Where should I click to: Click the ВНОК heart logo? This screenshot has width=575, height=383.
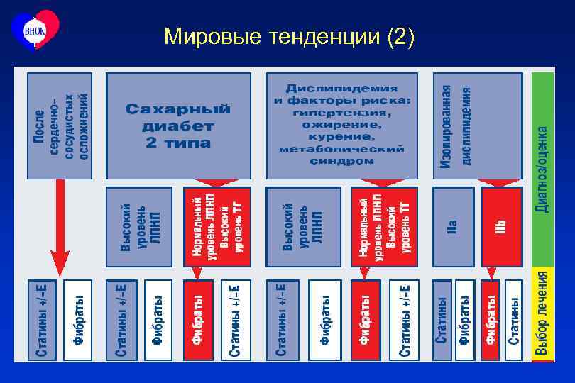click(35, 29)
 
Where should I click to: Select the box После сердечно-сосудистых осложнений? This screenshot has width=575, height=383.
click(60, 125)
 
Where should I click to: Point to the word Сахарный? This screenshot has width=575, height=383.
click(178, 109)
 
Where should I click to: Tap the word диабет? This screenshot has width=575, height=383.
click(178, 126)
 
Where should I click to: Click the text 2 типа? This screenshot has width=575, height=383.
click(178, 143)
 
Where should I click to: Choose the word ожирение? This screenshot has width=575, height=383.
click(341, 124)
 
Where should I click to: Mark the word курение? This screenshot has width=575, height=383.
click(341, 136)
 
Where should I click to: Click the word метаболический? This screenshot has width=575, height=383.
click(341, 149)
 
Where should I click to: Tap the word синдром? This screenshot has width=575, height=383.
click(341, 161)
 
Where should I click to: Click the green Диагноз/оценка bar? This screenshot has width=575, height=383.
click(542, 169)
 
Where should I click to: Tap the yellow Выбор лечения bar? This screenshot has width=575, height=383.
click(542, 313)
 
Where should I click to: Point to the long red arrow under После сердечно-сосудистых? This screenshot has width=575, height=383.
click(60, 227)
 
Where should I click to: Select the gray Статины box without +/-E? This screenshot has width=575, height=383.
click(442, 320)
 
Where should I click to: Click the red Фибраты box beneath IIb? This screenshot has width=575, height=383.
click(490, 320)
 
